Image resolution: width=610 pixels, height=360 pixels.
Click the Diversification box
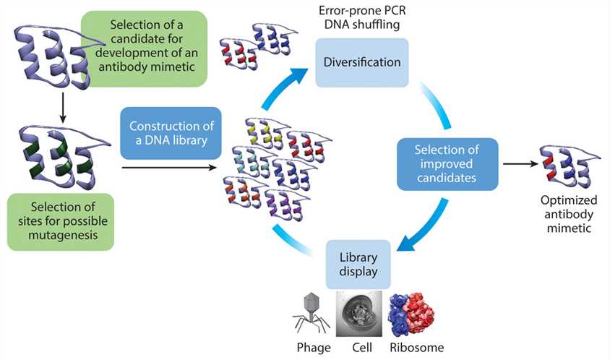click(361, 62)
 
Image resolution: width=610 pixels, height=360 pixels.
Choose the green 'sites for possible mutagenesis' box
click(61, 221)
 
